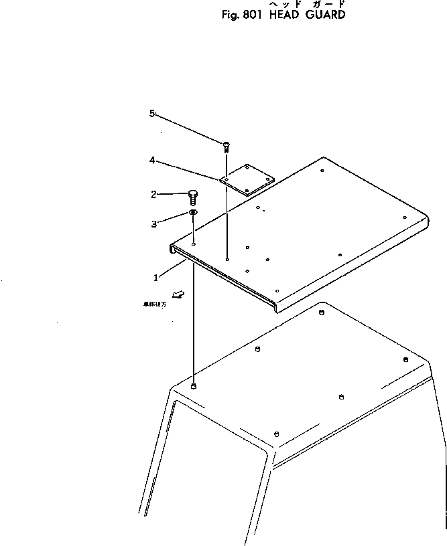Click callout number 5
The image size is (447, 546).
tap(152, 114)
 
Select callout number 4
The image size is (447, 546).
tap(152, 161)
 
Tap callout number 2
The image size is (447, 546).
tap(153, 195)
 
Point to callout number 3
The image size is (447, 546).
tap(153, 224)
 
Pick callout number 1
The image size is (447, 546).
tap(156, 276)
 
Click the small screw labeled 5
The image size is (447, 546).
tap(227, 145)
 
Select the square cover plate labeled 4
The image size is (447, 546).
tap(247, 179)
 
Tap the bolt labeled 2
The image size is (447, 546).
tap(193, 196)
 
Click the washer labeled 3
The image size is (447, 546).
tap(193, 213)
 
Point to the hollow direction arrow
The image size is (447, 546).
tap(178, 294)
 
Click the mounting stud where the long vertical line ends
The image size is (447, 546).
tap(194, 387)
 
